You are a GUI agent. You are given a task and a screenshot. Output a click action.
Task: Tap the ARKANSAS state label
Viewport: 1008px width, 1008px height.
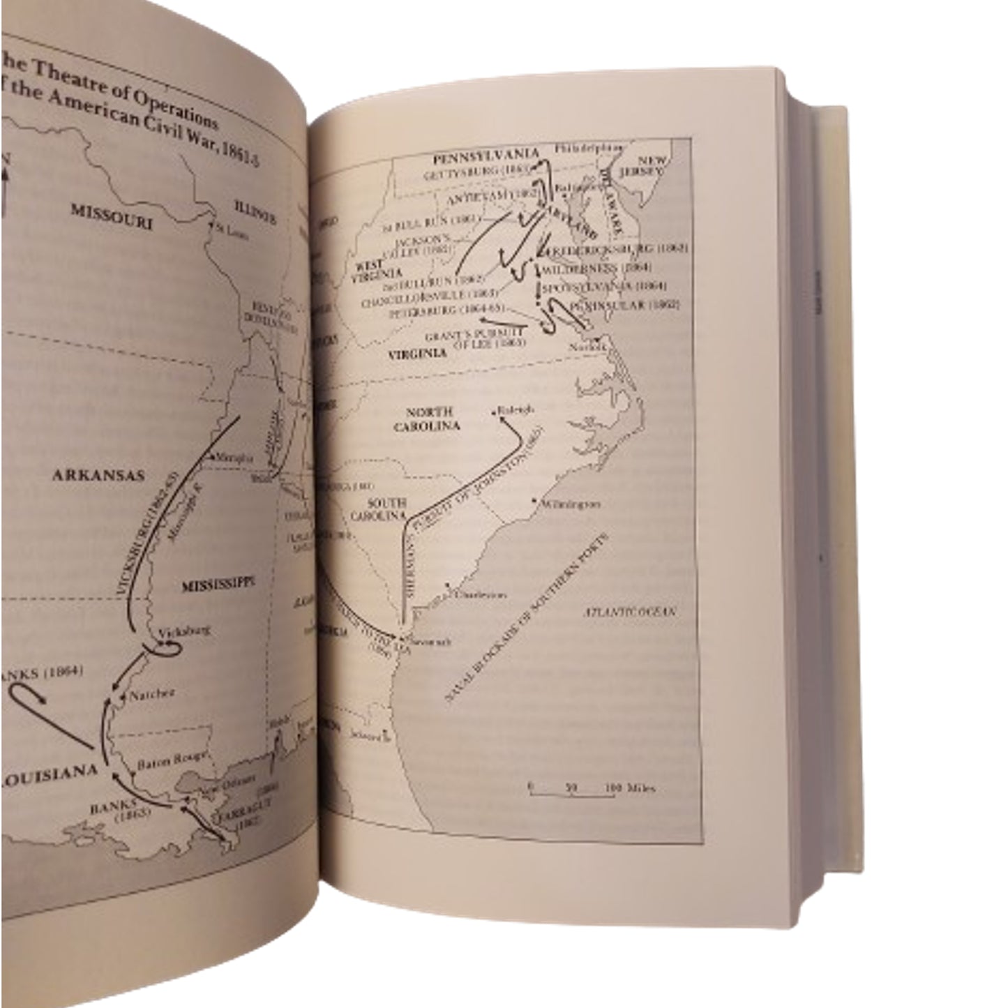[x=98, y=476]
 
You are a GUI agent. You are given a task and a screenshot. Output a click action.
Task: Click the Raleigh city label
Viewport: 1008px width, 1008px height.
[x=516, y=410]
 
